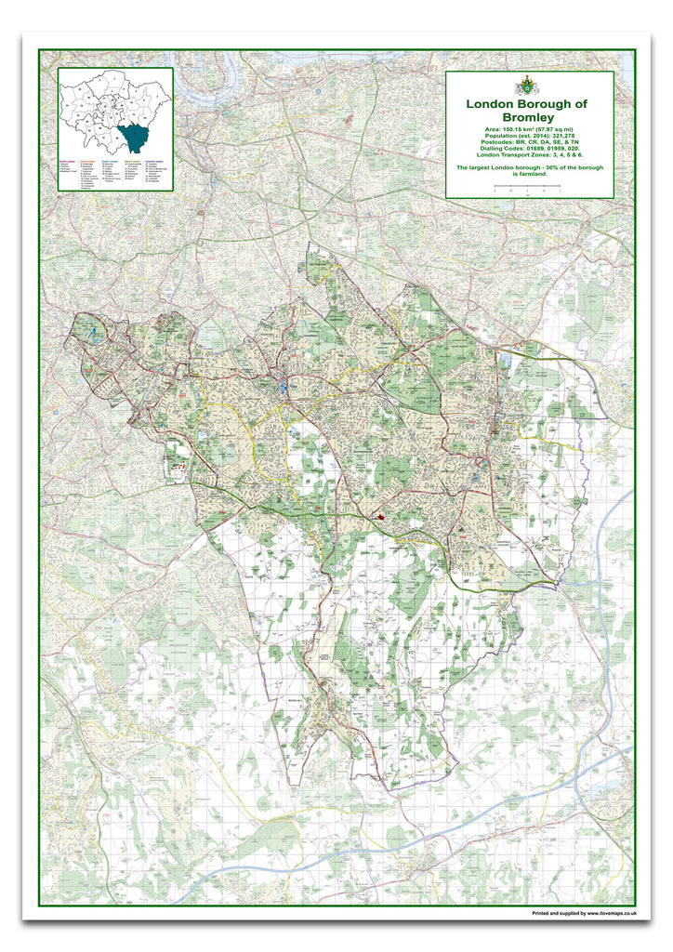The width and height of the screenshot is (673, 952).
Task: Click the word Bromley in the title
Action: tap(528, 117)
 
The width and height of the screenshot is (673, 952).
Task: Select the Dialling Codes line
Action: tap(528, 147)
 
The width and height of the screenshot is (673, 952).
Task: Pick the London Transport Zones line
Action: tap(528, 153)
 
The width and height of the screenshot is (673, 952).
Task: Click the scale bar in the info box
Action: tap(527, 188)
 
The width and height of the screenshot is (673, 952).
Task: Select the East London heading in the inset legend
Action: tap(86, 160)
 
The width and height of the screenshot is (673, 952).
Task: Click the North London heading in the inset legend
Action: tap(66, 160)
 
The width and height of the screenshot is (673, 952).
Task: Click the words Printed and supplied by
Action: tap(552, 914)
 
